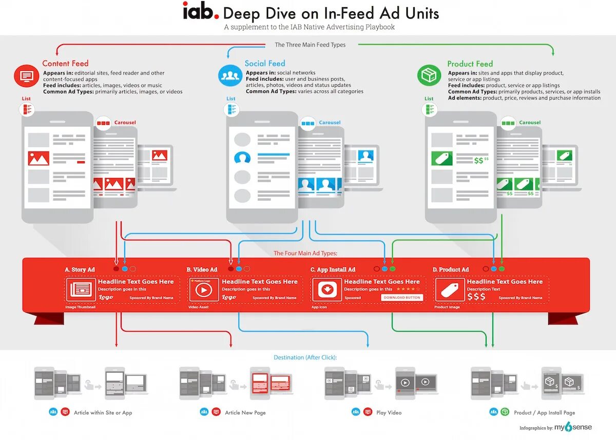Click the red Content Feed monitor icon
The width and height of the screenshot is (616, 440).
[x=26, y=76]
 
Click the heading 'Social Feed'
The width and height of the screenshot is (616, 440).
[x=264, y=64]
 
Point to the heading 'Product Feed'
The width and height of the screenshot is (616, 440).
[x=470, y=64]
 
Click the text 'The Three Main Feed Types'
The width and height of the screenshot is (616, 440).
[x=310, y=45]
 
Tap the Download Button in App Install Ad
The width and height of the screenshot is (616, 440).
[x=402, y=298]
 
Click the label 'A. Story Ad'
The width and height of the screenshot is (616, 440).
[x=80, y=270]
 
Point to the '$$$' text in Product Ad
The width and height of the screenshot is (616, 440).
[x=476, y=297]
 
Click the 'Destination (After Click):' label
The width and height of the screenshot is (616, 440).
[x=309, y=357]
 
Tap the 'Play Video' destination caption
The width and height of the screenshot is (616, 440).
[x=389, y=413]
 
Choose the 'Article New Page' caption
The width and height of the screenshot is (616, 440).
[x=245, y=413]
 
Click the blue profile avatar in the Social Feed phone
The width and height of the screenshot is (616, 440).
[x=242, y=158]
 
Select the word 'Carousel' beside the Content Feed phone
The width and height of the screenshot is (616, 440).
[x=125, y=123]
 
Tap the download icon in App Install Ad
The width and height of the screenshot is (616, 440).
[x=327, y=290]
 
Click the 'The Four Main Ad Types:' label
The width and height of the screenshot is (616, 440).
[x=305, y=253]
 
